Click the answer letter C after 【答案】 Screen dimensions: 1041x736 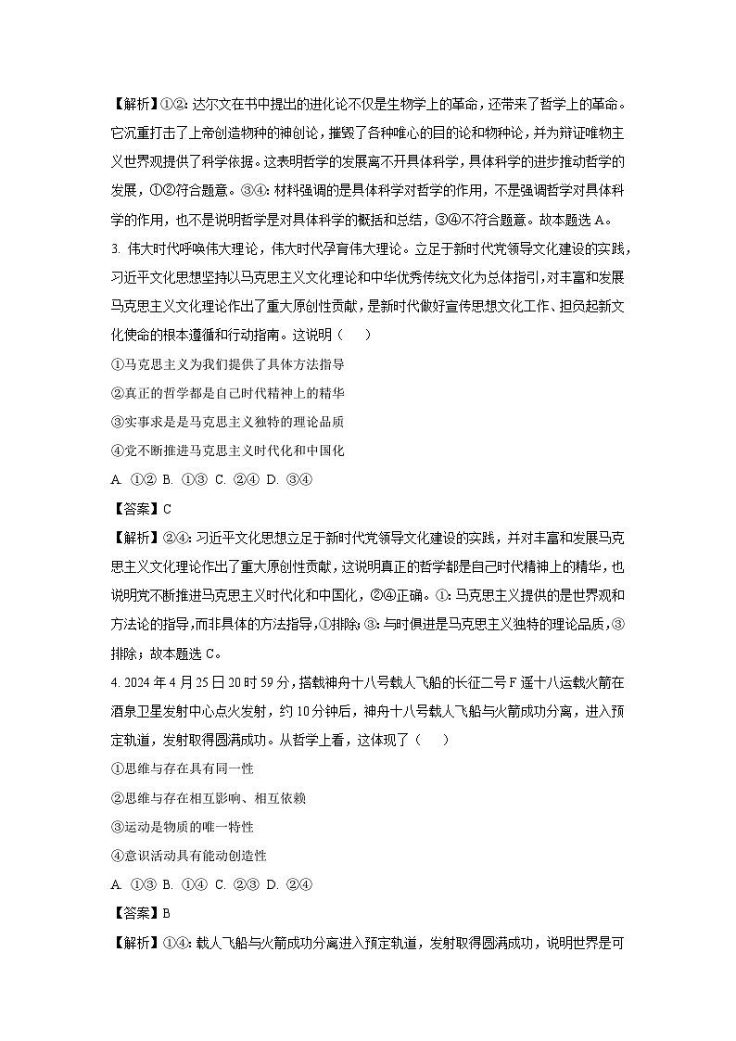(168, 509)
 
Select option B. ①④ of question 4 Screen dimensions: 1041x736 (184, 884)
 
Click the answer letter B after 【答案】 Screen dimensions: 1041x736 (167, 913)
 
